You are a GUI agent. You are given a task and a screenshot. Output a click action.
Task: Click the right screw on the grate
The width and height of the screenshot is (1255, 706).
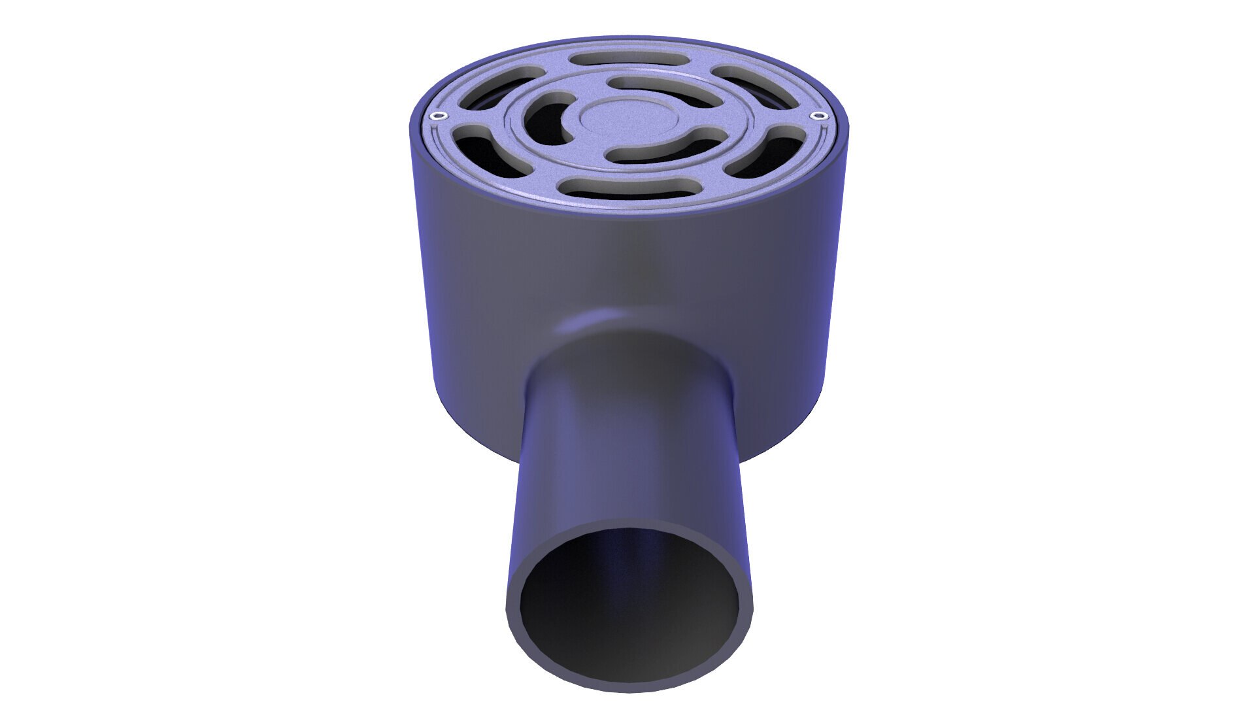tap(816, 116)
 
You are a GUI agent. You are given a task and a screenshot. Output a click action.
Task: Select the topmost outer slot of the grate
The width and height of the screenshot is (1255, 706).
tap(629, 59)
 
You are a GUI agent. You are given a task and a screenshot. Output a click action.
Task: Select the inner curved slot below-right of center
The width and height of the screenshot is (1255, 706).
tap(667, 147)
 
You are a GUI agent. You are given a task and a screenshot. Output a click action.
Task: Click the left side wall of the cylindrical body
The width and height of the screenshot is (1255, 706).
tap(444, 294)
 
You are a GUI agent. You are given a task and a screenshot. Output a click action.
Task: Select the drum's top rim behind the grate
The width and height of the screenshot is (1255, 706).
tap(627, 41)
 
